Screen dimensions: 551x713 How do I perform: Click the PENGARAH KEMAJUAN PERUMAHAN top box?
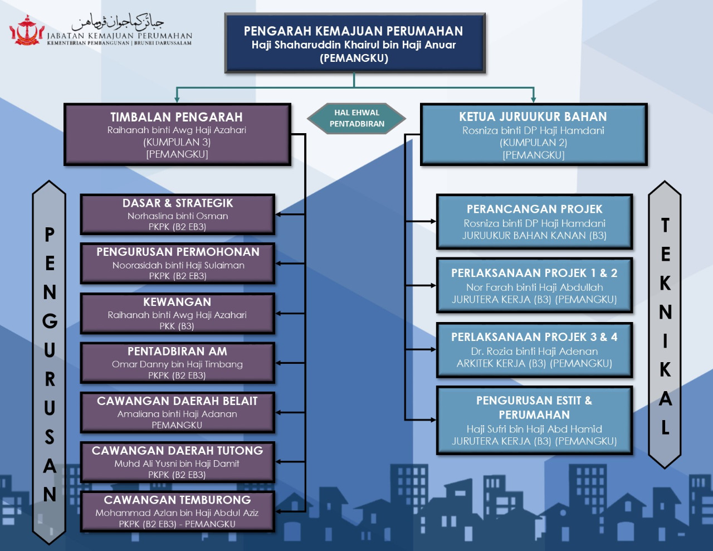[x=354, y=43]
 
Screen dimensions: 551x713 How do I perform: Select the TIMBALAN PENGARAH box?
[x=177, y=134]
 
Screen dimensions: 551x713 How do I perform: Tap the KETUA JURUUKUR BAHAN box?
[x=533, y=134]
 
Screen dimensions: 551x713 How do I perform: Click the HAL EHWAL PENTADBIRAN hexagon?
[x=356, y=118]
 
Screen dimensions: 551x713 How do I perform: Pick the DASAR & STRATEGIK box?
[x=177, y=214]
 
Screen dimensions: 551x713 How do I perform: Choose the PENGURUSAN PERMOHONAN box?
[x=177, y=264]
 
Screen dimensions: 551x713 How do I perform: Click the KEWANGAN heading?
[x=177, y=302]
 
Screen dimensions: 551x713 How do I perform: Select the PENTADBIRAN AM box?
[x=177, y=363]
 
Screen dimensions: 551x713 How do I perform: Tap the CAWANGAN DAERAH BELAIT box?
[x=177, y=413]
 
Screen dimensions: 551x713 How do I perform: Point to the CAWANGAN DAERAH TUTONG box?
[x=177, y=462]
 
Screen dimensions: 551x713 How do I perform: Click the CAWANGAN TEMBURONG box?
[x=177, y=511]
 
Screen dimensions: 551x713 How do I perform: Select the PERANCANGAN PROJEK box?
[x=534, y=222]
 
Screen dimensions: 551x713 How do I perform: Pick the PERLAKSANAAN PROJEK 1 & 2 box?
[x=534, y=285]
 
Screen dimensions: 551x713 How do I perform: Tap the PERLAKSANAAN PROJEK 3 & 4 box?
[x=534, y=350]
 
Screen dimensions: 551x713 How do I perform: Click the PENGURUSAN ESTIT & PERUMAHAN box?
[x=534, y=421]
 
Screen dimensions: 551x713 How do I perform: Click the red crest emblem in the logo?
[x=27, y=31]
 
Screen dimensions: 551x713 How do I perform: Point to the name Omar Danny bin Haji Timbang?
[x=177, y=364]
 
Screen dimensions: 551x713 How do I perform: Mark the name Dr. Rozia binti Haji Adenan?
[x=534, y=352]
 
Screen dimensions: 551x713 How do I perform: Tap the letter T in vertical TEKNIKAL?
[x=665, y=226]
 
